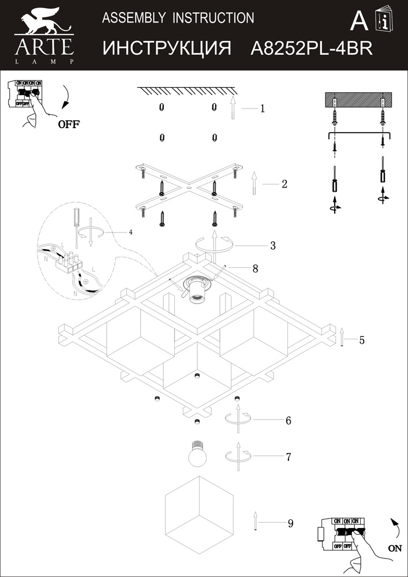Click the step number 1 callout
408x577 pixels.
pos(262,108)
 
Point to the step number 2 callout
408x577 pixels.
pos(285,184)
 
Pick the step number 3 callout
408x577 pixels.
pos(272,245)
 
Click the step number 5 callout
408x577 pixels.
pos(255,268)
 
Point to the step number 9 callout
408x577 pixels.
pos(290,523)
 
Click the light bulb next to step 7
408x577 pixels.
pos(199,455)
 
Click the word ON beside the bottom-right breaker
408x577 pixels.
pos(395,549)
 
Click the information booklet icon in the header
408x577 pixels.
pos(383,21)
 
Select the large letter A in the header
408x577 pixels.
pos(360,22)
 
